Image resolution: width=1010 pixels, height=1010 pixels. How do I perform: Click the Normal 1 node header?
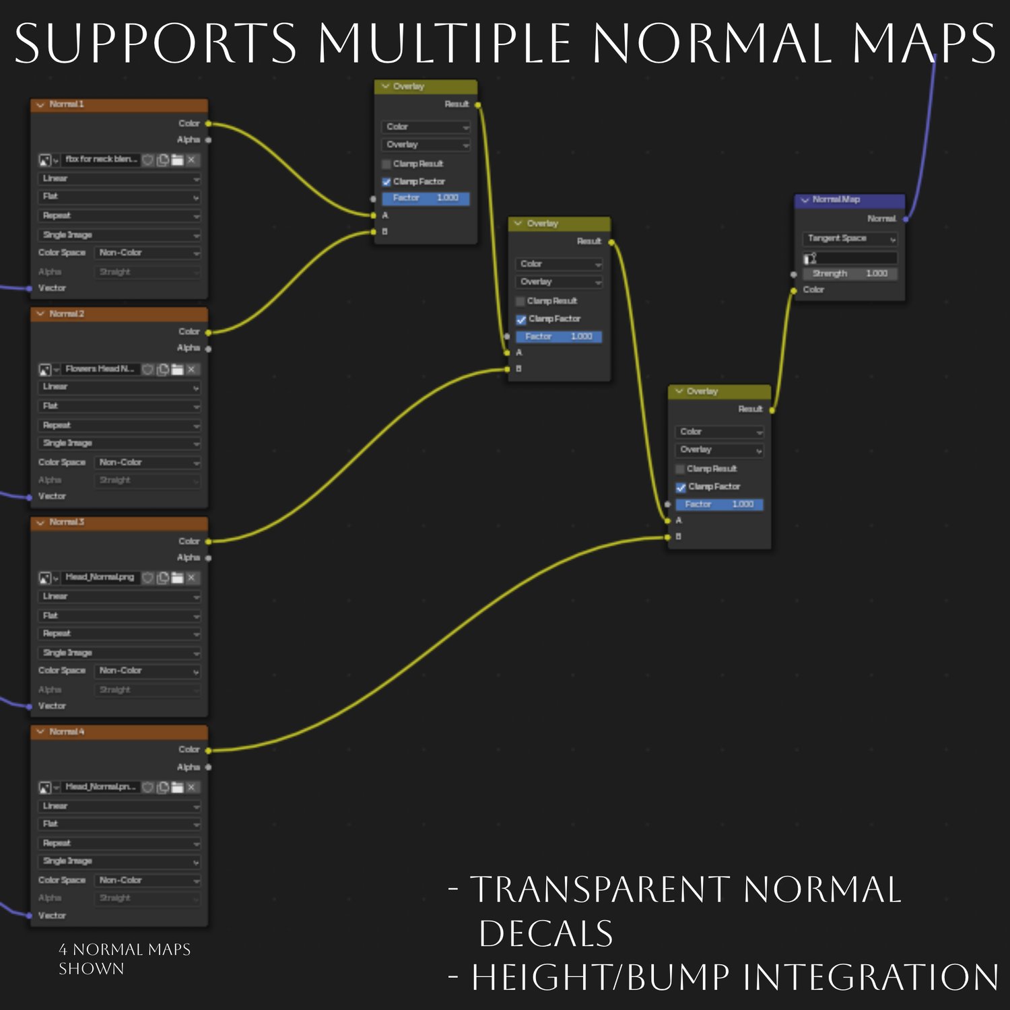pos(119,105)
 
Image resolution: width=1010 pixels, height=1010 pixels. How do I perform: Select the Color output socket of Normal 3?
pos(208,541)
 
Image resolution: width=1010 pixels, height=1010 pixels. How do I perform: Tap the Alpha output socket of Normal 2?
pos(208,349)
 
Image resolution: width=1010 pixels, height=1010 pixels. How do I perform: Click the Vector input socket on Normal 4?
pos(29,916)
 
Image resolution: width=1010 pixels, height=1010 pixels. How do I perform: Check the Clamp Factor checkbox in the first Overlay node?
pos(386,182)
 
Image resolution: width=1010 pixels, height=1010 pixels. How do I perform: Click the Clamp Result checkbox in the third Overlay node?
pos(680,469)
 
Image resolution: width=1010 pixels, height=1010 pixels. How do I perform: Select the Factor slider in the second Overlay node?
pos(559,337)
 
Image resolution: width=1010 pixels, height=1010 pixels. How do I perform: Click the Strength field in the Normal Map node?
pos(850,274)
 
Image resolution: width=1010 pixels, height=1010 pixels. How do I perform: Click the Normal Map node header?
pos(850,200)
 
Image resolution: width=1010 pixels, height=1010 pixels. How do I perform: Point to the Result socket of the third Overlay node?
pos(772,410)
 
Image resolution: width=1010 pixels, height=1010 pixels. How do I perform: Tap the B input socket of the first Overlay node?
pos(374,232)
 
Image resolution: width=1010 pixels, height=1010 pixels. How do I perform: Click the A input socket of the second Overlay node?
pos(508,353)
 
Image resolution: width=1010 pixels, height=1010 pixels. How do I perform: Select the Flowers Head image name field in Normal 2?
pos(100,369)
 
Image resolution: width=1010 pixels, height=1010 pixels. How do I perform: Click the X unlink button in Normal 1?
pos(192,160)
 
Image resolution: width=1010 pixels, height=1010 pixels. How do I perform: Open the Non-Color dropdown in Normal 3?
pos(148,671)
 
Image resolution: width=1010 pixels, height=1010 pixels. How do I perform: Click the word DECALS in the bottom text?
pos(545,934)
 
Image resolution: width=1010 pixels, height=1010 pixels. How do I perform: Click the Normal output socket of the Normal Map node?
pos(906,220)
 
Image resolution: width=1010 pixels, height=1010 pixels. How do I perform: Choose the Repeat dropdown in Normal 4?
pos(119,844)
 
